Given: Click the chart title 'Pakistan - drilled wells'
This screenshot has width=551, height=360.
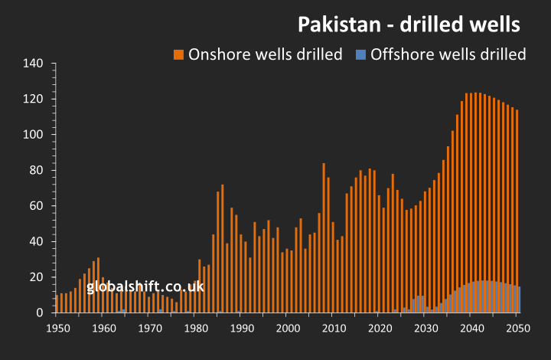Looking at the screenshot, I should coord(409,25).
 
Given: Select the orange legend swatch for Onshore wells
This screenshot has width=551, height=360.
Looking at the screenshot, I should coord(178,54).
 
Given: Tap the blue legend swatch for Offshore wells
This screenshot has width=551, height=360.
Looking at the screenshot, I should coord(361,54).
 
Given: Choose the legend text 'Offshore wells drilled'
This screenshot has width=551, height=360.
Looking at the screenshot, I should coord(448,54).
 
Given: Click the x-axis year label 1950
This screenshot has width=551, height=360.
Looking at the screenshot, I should coord(56,328).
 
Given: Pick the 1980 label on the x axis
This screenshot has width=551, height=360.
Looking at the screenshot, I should coord(194,328).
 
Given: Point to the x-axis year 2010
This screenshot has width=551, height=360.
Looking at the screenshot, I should coord(333,328).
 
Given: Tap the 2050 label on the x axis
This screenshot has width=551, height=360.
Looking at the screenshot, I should coord(518,328).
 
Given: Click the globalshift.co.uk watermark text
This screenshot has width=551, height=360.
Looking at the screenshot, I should coord(145,287).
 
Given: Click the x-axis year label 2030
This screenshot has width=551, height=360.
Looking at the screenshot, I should coord(425,328).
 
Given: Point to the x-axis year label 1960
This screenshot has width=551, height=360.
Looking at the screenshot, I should coord(102,328).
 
